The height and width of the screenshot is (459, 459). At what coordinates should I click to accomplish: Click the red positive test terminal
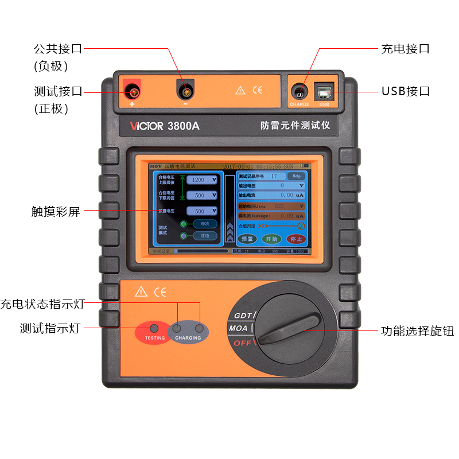pyautogui.click(x=133, y=91)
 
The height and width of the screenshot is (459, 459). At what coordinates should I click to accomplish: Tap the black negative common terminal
pyautogui.click(x=185, y=91)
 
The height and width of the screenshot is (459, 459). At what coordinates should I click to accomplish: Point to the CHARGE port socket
pyautogui.click(x=298, y=91)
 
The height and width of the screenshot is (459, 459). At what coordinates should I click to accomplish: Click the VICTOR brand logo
pyautogui.click(x=146, y=126)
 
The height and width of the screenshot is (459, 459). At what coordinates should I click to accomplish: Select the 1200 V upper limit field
pyautogui.click(x=202, y=180)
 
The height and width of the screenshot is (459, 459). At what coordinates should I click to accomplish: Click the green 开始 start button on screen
pyautogui.click(x=272, y=239)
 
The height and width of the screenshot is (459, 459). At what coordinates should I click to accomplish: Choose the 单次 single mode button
pyautogui.click(x=205, y=224)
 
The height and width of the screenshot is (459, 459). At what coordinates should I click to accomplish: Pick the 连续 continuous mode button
pyautogui.click(x=205, y=235)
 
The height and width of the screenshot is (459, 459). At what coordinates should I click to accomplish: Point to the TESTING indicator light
pyautogui.click(x=154, y=329)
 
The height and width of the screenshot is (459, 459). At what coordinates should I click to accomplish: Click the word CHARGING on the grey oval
pyautogui.click(x=188, y=338)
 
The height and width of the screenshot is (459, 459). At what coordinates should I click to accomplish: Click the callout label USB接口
pyautogui.click(x=406, y=91)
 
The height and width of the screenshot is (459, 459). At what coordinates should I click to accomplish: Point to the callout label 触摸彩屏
pyautogui.click(x=56, y=212)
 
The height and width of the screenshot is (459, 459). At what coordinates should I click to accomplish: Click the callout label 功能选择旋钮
pyautogui.click(x=417, y=331)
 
